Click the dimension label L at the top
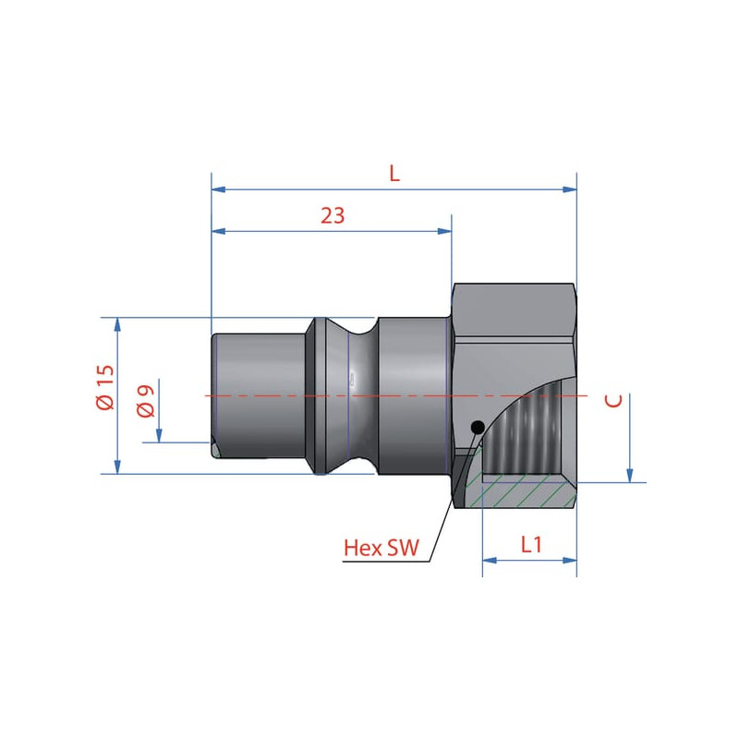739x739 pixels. click(394, 174)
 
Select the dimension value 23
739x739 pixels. click(333, 215)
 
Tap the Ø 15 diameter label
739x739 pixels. click(105, 387)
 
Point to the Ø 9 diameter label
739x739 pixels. click(146, 401)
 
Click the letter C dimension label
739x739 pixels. click(613, 401)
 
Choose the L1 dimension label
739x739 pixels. click(531, 545)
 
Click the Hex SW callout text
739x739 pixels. click(382, 548)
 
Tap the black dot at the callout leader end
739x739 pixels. click(478, 428)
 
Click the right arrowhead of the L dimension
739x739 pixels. click(570, 189)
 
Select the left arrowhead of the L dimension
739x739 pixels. click(219, 189)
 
